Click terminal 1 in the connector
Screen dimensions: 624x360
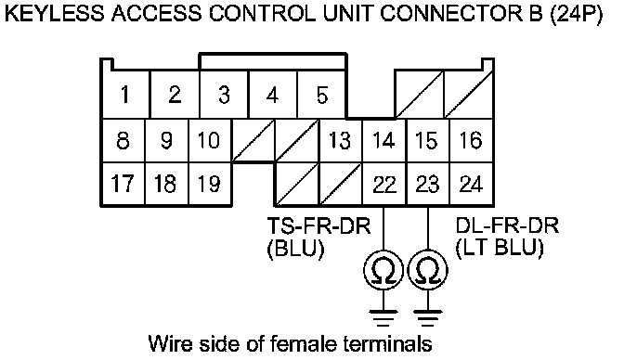tap(125, 95)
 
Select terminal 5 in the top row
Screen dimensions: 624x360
tap(321, 95)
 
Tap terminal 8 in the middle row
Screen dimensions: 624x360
tap(123, 140)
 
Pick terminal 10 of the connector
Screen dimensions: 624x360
tap(209, 140)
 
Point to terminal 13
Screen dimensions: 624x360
tap(340, 140)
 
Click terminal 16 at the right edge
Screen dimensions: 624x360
tap(471, 140)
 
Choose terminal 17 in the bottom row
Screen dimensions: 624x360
tap(123, 184)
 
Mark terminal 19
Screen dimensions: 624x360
tap(209, 184)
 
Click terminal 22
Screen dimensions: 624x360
tap(384, 185)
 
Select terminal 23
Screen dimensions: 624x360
tap(427, 185)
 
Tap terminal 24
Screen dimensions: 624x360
tap(471, 185)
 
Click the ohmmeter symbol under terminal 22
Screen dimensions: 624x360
tap(383, 271)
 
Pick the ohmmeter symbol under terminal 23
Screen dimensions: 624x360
tap(428, 271)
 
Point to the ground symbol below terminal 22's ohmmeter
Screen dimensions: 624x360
tap(383, 318)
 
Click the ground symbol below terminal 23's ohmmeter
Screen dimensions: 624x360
tap(428, 318)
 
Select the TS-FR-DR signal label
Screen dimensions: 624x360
tap(318, 226)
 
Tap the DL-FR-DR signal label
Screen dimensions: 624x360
tap(507, 226)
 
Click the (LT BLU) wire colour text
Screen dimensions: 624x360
tap(500, 249)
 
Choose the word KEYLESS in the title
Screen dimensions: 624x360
tap(55, 13)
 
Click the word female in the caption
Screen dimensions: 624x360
tap(305, 343)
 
